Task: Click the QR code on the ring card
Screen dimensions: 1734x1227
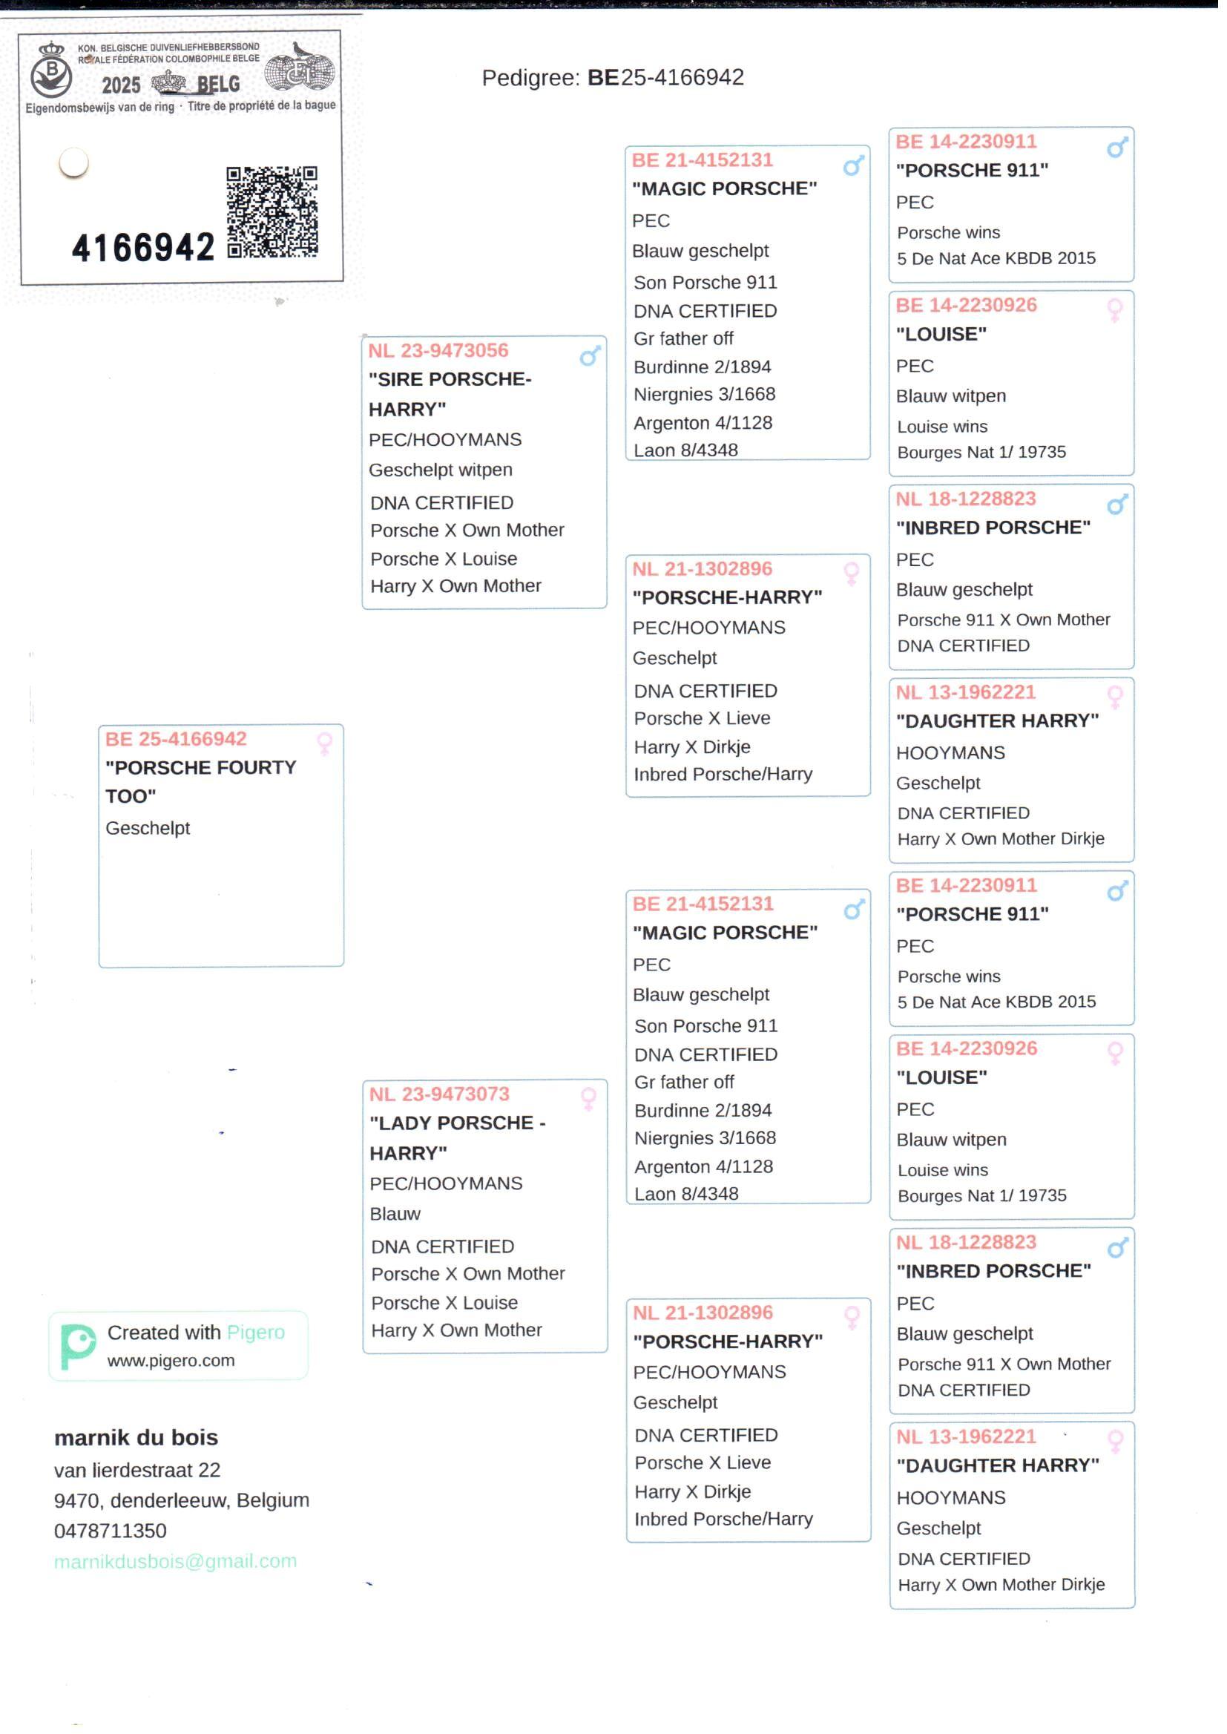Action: point(272,212)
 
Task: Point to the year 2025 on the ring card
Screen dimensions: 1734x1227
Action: point(122,85)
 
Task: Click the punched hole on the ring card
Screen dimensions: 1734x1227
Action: point(74,162)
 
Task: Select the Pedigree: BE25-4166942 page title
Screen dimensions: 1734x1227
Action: point(613,78)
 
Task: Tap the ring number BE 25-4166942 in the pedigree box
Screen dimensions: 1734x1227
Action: point(176,740)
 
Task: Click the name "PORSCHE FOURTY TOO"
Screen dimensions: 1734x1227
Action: point(200,782)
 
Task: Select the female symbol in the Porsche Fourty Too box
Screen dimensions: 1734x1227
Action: point(325,743)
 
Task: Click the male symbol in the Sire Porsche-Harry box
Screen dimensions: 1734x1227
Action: point(590,356)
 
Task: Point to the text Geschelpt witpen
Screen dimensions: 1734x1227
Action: point(441,470)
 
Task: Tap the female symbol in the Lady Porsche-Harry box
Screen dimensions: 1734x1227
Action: point(588,1100)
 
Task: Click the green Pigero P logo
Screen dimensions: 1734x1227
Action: point(77,1347)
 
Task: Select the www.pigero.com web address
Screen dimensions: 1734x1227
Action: point(171,1361)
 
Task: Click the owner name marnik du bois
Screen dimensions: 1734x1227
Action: point(136,1438)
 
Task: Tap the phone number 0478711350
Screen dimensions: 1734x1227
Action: point(111,1531)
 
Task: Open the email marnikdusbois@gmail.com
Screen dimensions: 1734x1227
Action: point(175,1562)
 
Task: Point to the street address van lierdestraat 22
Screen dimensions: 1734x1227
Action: point(136,1471)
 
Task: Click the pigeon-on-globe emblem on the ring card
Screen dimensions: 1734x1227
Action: point(300,68)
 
